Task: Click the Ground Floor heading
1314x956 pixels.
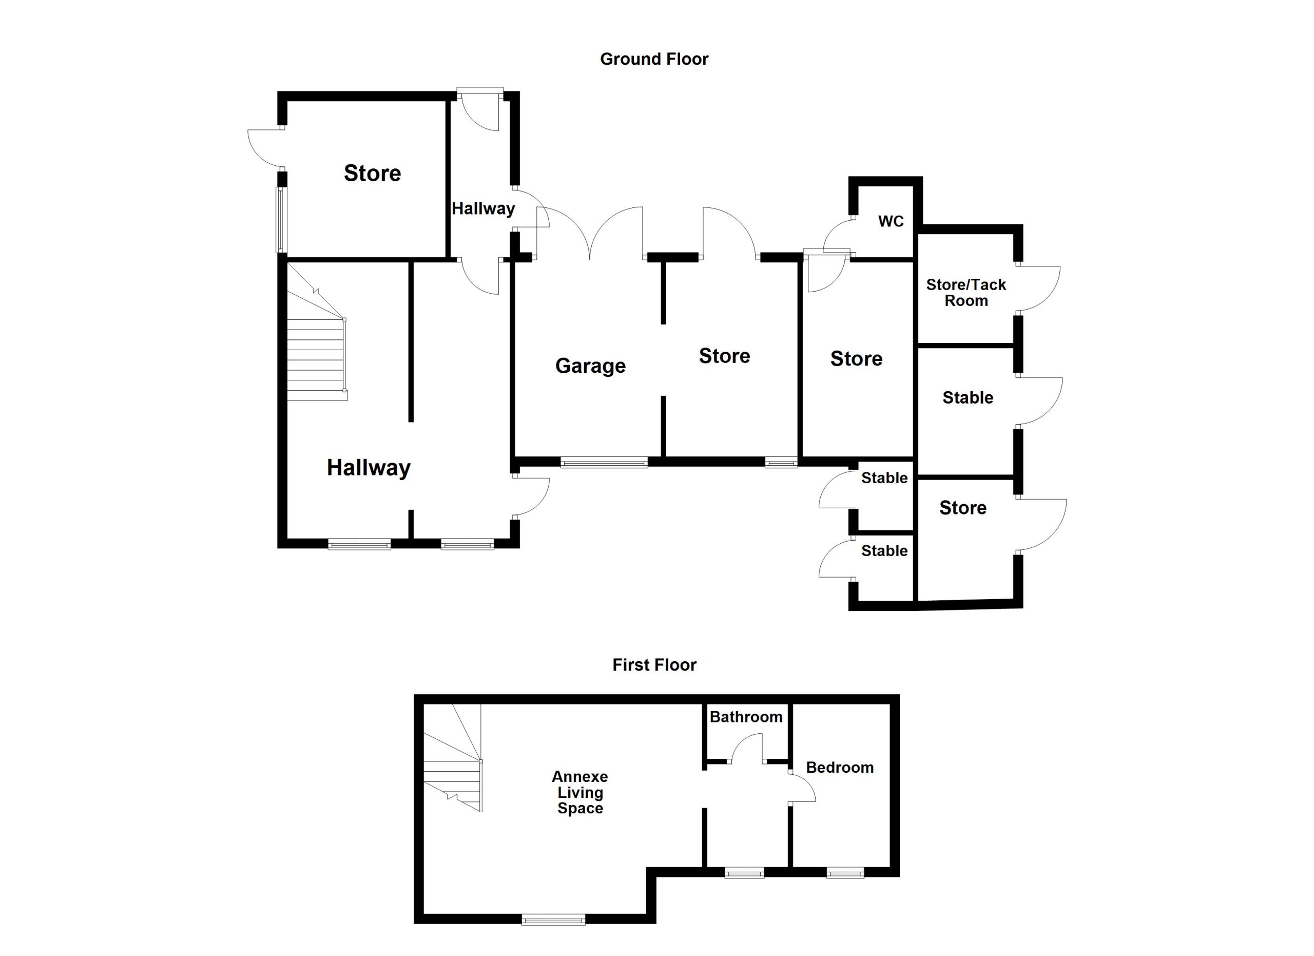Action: (654, 59)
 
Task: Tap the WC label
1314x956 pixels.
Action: (891, 221)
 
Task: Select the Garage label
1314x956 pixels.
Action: (590, 366)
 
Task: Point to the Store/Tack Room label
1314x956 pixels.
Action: (966, 293)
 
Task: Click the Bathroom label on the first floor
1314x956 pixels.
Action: (746, 717)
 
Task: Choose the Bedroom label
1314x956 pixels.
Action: (840, 768)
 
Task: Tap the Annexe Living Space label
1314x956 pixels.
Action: (580, 793)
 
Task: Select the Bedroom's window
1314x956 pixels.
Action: (845, 872)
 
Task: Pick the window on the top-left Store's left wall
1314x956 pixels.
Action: (281, 220)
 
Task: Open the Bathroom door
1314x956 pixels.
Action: (747, 748)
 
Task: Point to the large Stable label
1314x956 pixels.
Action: (968, 397)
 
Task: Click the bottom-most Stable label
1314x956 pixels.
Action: (884, 550)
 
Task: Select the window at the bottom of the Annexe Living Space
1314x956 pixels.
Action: (553, 920)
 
